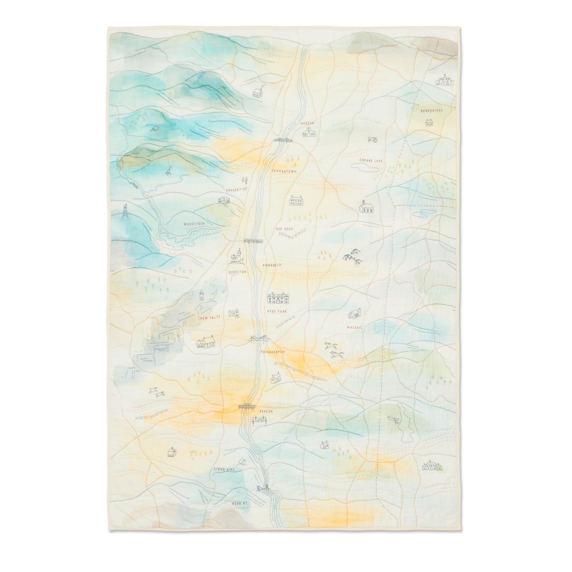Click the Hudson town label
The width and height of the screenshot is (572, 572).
point(307,123)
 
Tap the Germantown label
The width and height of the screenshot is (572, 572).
point(284,171)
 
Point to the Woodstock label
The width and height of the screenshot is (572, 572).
point(194,224)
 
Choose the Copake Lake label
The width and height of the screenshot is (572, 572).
point(371,161)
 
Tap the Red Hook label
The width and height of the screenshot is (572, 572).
point(284,229)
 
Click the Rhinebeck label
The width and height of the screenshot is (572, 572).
point(272,265)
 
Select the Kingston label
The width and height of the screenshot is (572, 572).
point(237,271)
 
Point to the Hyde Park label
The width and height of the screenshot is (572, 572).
point(277,311)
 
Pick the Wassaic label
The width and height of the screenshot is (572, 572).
point(355,328)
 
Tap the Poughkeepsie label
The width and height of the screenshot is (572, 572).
point(273,352)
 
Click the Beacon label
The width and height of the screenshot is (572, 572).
point(266,411)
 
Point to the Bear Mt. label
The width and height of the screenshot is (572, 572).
point(240,503)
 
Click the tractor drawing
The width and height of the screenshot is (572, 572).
point(372,139)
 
